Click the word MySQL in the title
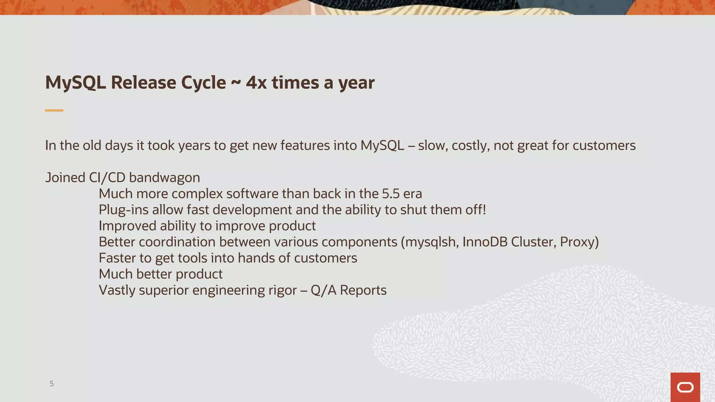75,83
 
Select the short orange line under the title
54,110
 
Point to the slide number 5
52,384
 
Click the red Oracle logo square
685,387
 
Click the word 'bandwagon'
164,178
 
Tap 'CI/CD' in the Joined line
107,178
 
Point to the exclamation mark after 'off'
484,210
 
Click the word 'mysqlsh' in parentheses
432,242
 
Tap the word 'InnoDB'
485,242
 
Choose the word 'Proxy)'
579,242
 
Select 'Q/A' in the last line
323,290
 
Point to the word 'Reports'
363,290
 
